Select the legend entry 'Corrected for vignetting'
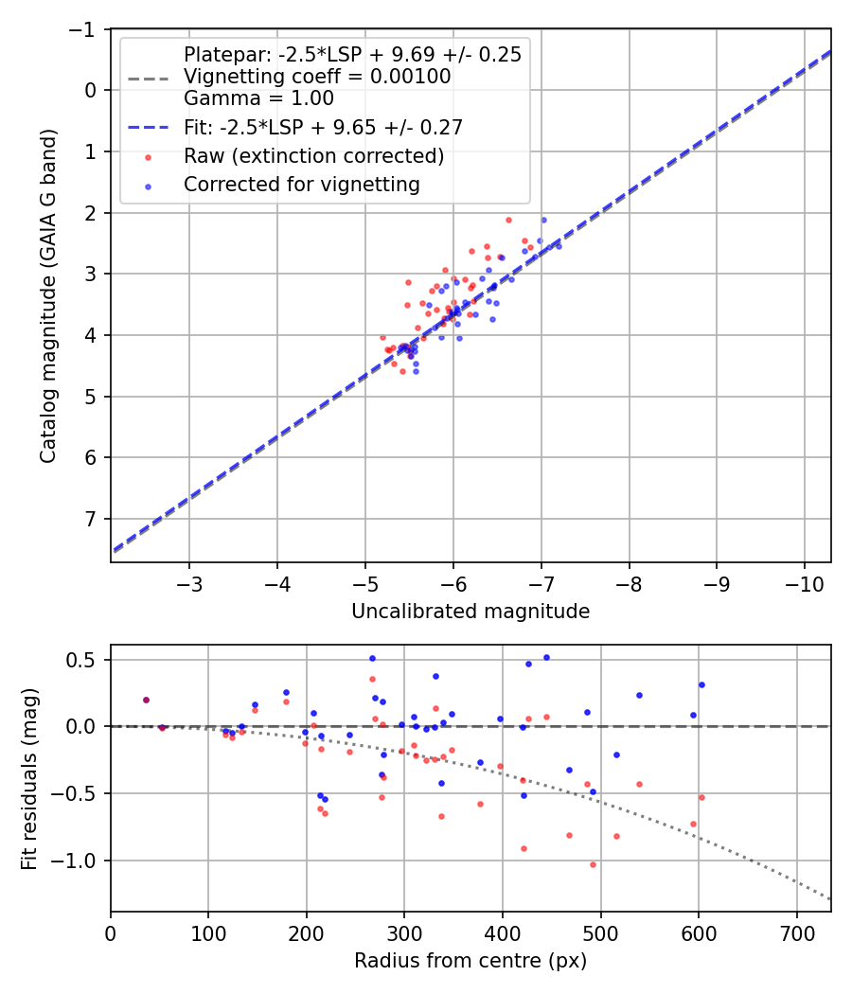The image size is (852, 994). coord(302,185)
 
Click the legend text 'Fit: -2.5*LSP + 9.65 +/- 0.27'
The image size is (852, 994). coord(323,127)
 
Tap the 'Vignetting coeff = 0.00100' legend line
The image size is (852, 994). coord(317,76)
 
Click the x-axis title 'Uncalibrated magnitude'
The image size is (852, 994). coord(470,612)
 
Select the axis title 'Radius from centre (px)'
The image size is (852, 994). coord(470,961)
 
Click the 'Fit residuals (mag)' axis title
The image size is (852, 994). coord(29,778)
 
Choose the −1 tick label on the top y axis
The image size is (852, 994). coord(82,29)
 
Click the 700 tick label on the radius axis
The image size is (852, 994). coord(796,933)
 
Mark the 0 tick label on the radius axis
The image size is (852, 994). coord(111,933)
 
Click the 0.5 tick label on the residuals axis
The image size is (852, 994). coord(85,659)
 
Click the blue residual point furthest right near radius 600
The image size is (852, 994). coord(701,684)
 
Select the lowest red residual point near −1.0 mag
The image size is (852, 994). coord(594,864)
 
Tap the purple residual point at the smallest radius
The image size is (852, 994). coord(146,700)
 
